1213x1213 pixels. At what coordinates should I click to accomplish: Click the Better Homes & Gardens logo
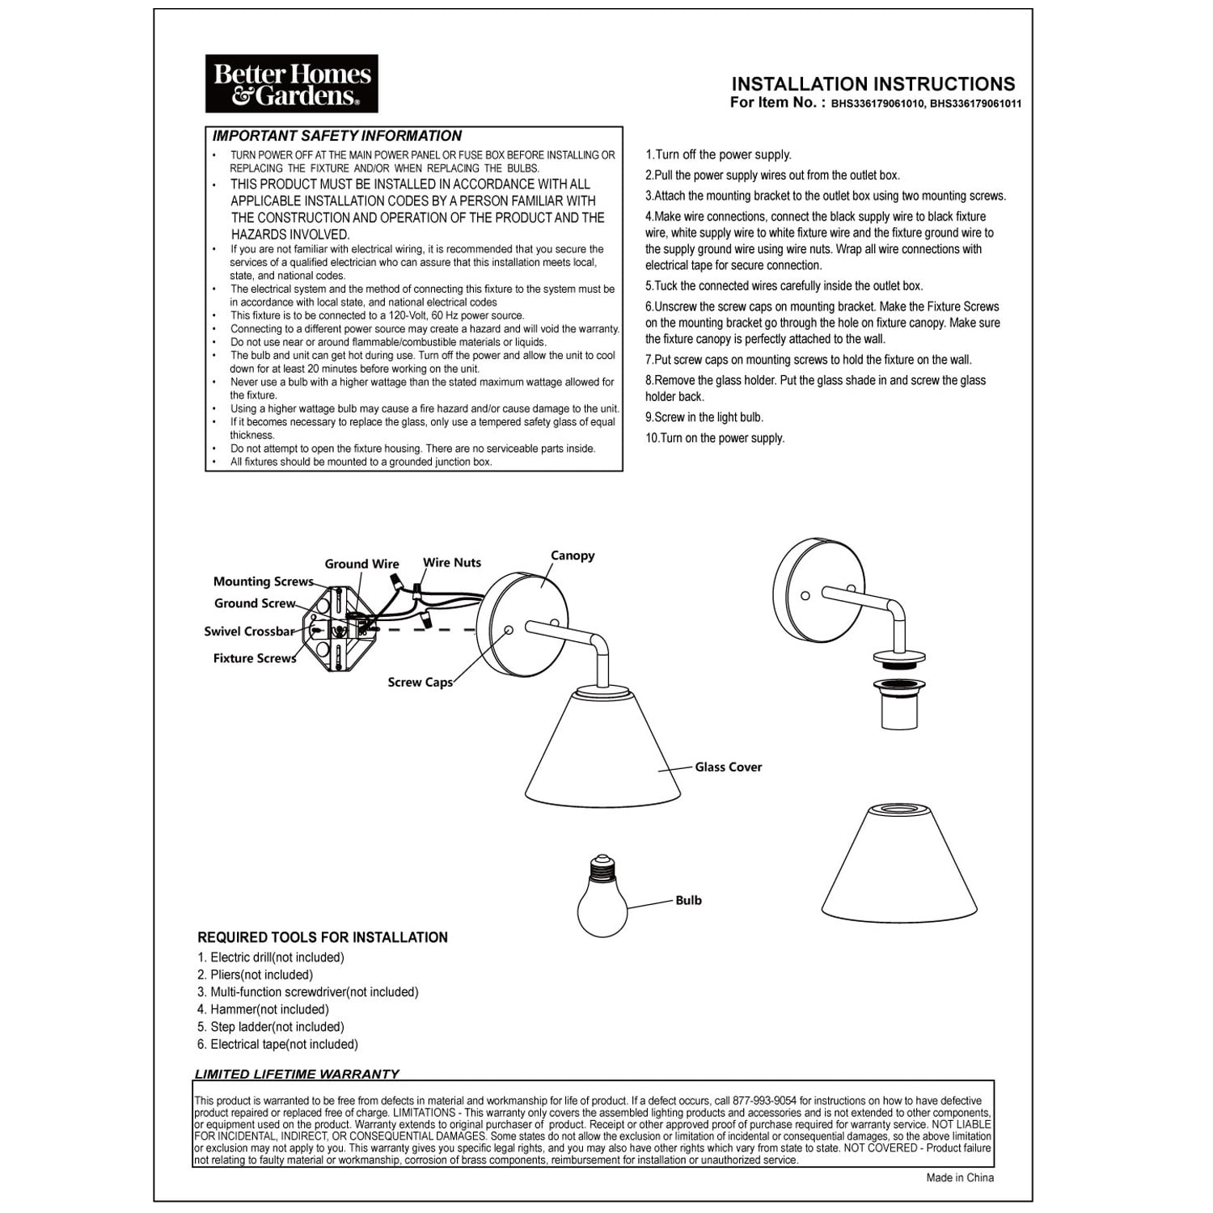pyautogui.click(x=291, y=84)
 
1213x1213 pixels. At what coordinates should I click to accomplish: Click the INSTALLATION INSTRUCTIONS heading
pyautogui.click(x=873, y=84)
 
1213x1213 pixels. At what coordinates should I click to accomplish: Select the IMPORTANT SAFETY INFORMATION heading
pyautogui.click(x=337, y=136)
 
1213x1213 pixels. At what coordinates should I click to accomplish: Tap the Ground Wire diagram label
pyautogui.click(x=362, y=564)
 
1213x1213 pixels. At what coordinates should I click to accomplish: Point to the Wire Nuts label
pyautogui.click(x=452, y=563)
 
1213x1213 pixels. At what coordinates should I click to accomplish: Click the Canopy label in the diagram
pyautogui.click(x=573, y=556)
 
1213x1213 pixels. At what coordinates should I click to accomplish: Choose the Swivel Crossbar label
pyautogui.click(x=249, y=632)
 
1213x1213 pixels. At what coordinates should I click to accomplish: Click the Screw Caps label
pyautogui.click(x=420, y=683)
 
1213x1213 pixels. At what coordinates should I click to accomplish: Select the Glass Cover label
pyautogui.click(x=729, y=767)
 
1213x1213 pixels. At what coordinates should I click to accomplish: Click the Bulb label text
pyautogui.click(x=689, y=901)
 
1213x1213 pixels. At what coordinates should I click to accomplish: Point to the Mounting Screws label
pyautogui.click(x=264, y=581)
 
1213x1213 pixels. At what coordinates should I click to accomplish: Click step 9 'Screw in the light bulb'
pyautogui.click(x=704, y=417)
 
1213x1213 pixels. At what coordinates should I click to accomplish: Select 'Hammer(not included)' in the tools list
pyautogui.click(x=264, y=1009)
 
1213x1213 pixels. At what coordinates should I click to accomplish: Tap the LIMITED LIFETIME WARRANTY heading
pyautogui.click(x=297, y=1074)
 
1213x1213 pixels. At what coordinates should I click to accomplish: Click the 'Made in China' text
pyautogui.click(x=960, y=1177)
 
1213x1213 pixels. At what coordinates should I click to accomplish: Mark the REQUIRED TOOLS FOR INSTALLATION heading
pyautogui.click(x=323, y=937)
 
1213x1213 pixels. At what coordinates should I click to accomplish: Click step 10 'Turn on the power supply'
pyautogui.click(x=715, y=438)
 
